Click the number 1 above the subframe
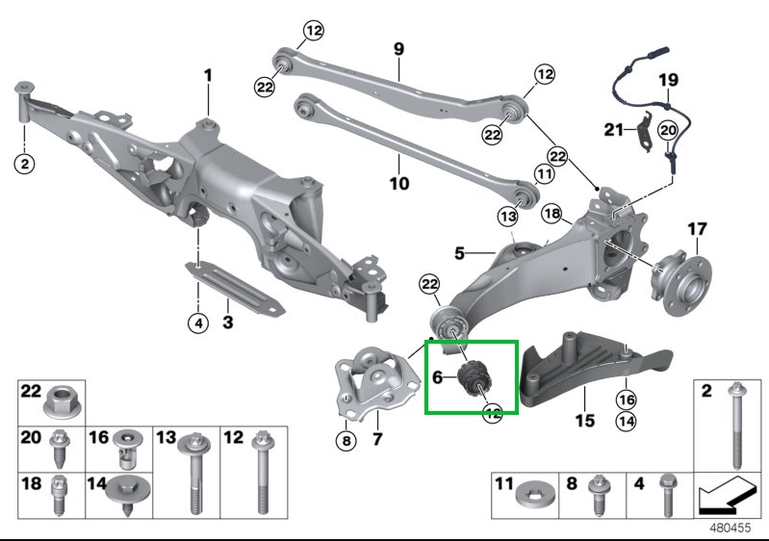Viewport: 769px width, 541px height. tap(208, 75)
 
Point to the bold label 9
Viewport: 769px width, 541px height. tap(398, 48)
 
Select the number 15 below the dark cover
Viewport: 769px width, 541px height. tap(585, 421)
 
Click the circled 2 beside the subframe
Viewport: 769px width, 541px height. tap(25, 164)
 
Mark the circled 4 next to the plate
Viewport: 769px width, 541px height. tap(196, 323)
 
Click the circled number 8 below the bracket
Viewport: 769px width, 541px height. tap(346, 442)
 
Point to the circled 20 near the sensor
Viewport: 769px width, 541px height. tap(669, 128)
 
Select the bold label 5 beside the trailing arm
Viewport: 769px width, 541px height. tap(460, 253)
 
